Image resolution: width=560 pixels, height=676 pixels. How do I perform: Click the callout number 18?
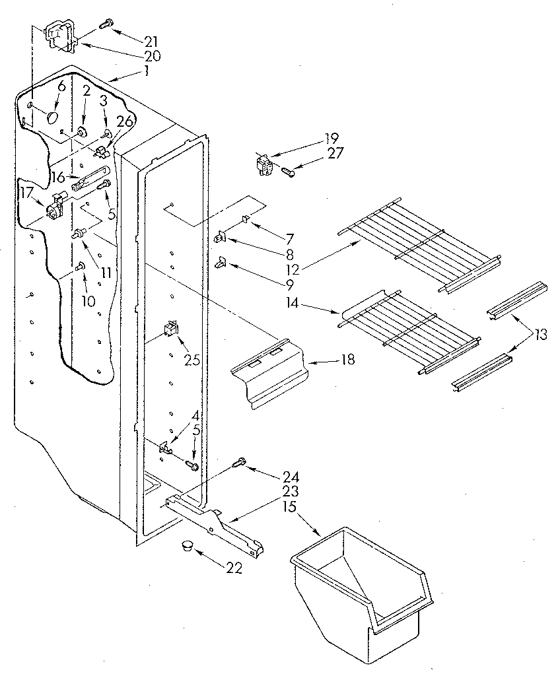tap(348, 359)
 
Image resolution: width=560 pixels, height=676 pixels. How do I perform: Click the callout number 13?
tap(541, 335)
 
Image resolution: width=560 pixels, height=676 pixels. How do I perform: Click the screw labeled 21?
tap(104, 24)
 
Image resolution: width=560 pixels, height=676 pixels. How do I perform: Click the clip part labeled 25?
tap(172, 328)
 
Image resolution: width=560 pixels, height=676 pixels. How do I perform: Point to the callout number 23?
tap(291, 492)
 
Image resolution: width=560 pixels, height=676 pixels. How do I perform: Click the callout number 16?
tap(58, 177)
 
